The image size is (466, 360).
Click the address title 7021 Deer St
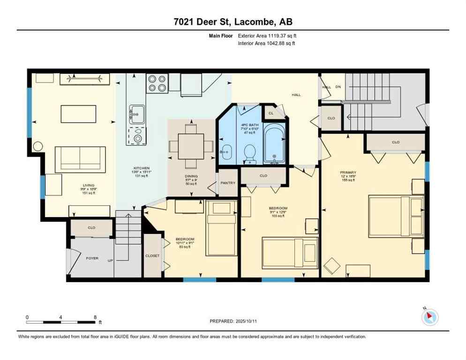pos(233,22)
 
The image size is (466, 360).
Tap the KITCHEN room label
pos(142,168)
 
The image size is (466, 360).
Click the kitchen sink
pos(137,112)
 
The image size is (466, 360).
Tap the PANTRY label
pos(228,183)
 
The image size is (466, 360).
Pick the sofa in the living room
pos(80,159)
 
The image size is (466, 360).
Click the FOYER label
pos(92,258)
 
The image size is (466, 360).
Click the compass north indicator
pos(429,317)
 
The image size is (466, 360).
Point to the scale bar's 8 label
pos(95,317)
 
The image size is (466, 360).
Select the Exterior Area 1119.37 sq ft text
pos(267,36)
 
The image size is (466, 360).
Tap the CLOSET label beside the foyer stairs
pos(152,255)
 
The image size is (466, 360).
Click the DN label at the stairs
pos(338,87)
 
